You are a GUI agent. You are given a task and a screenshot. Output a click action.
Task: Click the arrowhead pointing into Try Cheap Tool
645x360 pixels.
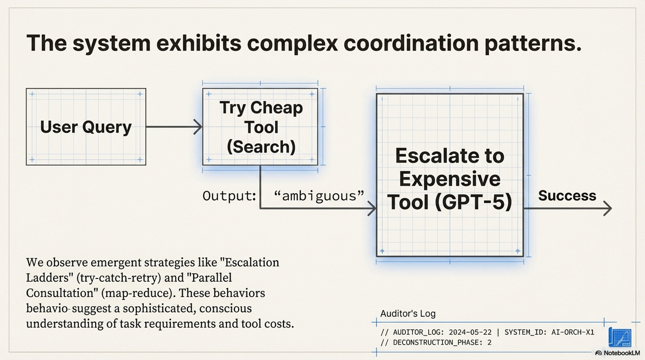(x=198, y=127)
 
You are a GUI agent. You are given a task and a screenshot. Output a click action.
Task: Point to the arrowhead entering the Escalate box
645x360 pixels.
(x=372, y=208)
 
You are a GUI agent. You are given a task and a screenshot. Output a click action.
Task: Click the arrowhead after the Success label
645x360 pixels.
(x=608, y=208)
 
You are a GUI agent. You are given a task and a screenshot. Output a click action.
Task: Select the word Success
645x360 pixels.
(x=567, y=196)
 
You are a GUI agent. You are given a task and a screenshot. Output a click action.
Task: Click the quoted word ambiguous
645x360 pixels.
(x=319, y=196)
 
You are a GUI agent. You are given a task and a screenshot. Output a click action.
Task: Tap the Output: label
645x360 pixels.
(x=229, y=196)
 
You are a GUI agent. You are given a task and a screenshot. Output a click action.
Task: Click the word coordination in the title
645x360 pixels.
(x=411, y=43)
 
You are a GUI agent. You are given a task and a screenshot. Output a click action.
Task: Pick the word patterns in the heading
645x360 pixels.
(x=533, y=43)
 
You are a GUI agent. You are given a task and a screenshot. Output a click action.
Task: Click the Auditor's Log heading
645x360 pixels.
(x=408, y=314)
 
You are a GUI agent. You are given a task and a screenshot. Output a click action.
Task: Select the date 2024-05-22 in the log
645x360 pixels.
(x=470, y=333)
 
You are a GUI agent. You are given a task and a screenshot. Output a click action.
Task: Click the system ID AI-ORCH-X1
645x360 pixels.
(x=573, y=333)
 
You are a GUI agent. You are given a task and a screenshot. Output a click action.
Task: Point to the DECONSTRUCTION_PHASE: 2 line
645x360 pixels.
(x=436, y=342)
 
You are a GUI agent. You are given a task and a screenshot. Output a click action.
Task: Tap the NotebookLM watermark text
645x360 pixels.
(x=622, y=353)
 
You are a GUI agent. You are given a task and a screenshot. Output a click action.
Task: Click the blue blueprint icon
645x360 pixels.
(x=620, y=337)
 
